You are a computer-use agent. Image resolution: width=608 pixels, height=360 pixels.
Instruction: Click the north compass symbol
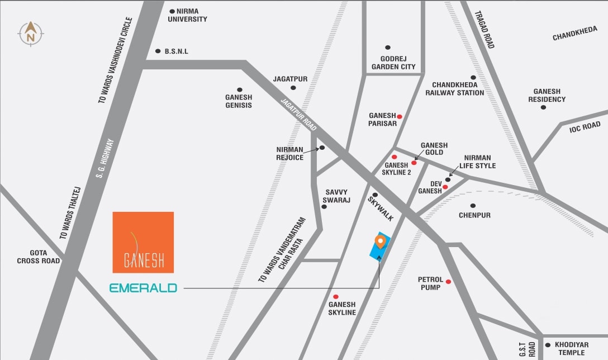point(31,33)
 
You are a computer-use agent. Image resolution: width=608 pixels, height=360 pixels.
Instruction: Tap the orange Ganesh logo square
point(143,242)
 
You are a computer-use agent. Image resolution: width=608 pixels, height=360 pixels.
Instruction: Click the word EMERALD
point(143,288)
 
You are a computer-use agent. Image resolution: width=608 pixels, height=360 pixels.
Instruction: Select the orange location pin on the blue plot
point(381,241)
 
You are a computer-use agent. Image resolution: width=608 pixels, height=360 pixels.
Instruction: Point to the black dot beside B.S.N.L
point(158,51)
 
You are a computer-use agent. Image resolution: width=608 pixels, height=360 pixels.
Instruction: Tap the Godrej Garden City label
point(393,63)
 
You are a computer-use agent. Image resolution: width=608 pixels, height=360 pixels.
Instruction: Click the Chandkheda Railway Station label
point(454,88)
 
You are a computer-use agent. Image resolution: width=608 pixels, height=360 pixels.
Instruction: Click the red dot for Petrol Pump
point(448,282)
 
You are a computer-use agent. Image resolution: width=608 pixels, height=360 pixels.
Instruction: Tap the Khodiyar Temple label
point(572,349)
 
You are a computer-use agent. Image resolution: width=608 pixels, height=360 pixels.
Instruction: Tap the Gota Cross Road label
point(38,257)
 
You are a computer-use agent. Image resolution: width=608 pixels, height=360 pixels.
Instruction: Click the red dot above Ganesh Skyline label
point(336,297)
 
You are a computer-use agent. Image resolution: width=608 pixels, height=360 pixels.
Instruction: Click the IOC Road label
point(585,127)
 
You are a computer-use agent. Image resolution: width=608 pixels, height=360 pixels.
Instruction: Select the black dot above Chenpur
point(473,206)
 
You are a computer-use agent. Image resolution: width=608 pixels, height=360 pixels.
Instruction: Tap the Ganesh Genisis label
point(239,101)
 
